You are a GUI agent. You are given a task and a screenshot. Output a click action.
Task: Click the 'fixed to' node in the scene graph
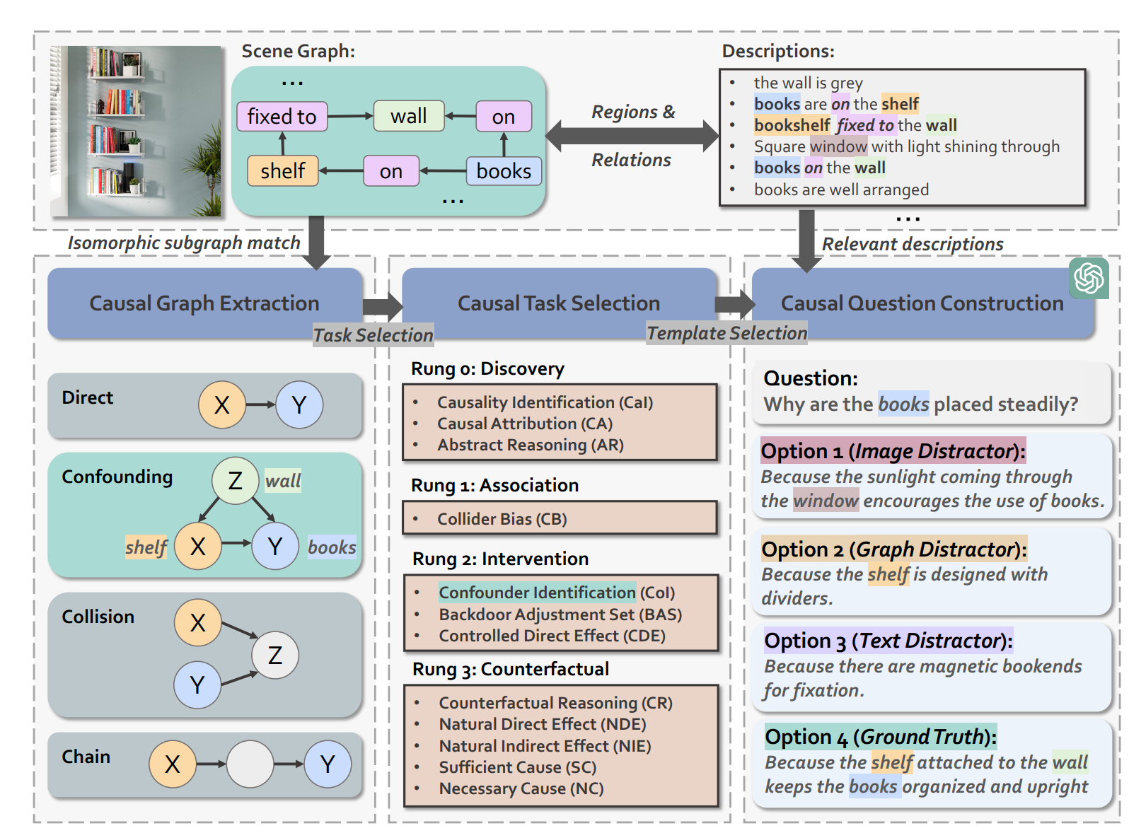(282, 117)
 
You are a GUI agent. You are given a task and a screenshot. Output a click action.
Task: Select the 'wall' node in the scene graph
(408, 116)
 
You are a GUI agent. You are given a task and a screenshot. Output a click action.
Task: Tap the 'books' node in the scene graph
(504, 171)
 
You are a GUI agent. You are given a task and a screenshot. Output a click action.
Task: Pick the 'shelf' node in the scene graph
(282, 171)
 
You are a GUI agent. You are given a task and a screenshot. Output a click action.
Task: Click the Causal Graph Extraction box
(204, 303)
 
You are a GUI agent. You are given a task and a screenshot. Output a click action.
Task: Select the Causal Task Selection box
(558, 303)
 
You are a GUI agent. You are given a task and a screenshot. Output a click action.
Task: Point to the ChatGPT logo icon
(1089, 278)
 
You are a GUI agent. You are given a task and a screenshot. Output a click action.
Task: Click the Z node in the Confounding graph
(235, 481)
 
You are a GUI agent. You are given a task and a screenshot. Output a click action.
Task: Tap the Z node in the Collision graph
(275, 655)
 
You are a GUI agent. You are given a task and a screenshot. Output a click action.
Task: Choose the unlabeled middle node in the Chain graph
(250, 764)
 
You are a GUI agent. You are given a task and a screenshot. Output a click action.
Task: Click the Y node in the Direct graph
(299, 405)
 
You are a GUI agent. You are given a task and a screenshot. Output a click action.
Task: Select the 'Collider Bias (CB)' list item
(502, 519)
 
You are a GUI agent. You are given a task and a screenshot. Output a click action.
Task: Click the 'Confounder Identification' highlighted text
(537, 593)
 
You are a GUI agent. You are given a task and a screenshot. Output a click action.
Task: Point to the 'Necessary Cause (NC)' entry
(521, 788)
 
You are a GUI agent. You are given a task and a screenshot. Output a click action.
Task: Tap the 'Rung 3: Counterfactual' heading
(510, 669)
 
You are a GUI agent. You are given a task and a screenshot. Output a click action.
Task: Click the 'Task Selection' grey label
(373, 335)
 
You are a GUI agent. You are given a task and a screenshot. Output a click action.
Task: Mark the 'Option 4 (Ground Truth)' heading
(880, 737)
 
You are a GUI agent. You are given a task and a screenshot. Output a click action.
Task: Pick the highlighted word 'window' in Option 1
(826, 501)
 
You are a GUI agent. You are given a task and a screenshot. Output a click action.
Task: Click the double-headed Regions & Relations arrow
(632, 136)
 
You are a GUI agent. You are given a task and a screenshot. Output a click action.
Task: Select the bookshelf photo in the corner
(136, 132)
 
